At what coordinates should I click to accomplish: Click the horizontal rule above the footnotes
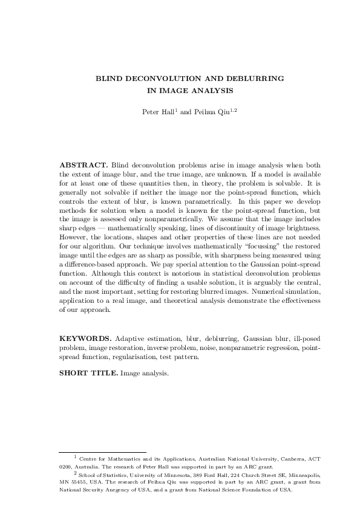coord(103,451)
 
